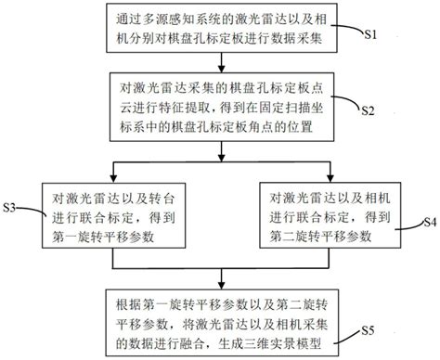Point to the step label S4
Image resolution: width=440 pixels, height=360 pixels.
[430, 224]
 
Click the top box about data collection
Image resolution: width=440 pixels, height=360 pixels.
[219, 29]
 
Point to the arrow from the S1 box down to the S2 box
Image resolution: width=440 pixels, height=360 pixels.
[219, 61]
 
